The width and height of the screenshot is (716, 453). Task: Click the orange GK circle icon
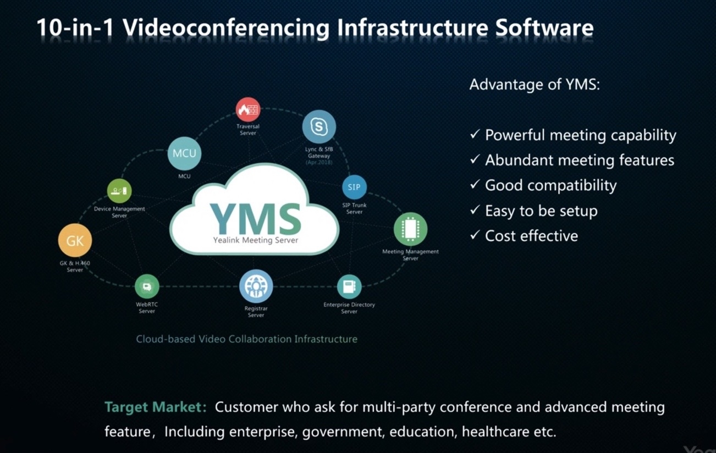click(x=75, y=240)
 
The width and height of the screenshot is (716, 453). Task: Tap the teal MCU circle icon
click(x=184, y=153)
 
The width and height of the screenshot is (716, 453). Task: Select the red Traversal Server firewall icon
click(x=248, y=109)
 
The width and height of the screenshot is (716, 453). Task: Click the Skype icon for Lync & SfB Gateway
click(x=319, y=126)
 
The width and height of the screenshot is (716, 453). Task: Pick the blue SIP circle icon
click(x=354, y=187)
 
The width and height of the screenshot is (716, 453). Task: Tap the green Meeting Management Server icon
click(x=410, y=229)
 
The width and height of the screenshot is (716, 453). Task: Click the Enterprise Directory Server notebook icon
click(x=349, y=286)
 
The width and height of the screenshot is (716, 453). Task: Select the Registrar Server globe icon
click(x=256, y=286)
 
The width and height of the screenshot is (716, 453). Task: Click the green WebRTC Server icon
click(x=147, y=286)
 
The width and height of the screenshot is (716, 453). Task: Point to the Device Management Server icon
click(x=119, y=191)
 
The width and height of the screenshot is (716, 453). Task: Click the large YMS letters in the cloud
click(x=255, y=219)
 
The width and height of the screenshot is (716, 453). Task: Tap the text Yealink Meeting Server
click(x=256, y=240)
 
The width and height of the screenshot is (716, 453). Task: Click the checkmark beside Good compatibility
click(x=475, y=184)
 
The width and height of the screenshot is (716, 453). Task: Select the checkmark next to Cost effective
click(x=475, y=235)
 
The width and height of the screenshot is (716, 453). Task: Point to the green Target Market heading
click(x=156, y=407)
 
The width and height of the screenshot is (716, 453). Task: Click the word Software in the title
click(x=544, y=27)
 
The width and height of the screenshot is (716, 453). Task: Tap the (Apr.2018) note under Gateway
click(x=319, y=163)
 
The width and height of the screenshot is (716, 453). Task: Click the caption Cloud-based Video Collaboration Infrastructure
click(x=247, y=339)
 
